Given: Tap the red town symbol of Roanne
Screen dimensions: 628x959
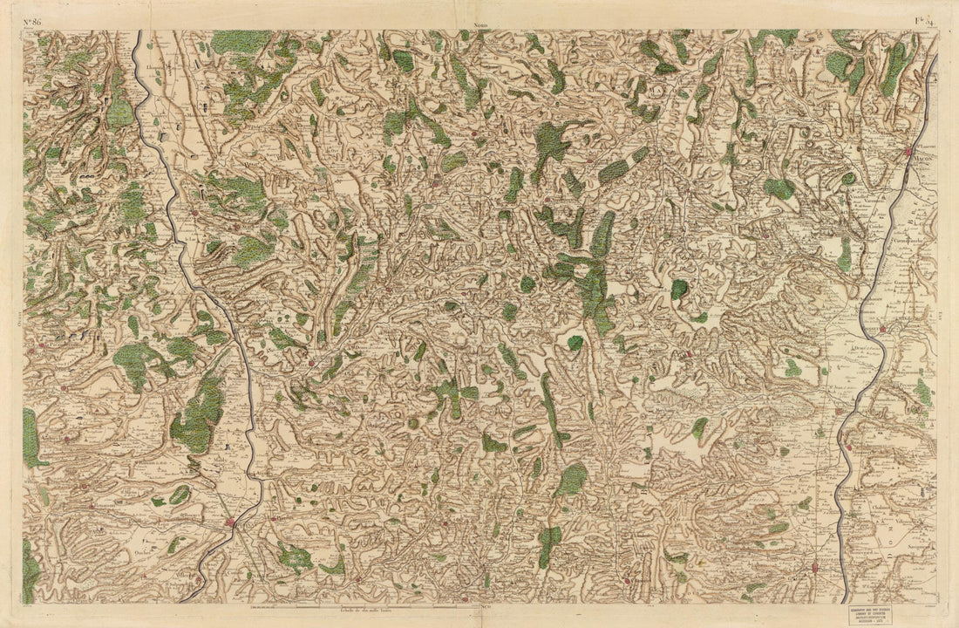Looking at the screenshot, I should pos(230,522).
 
